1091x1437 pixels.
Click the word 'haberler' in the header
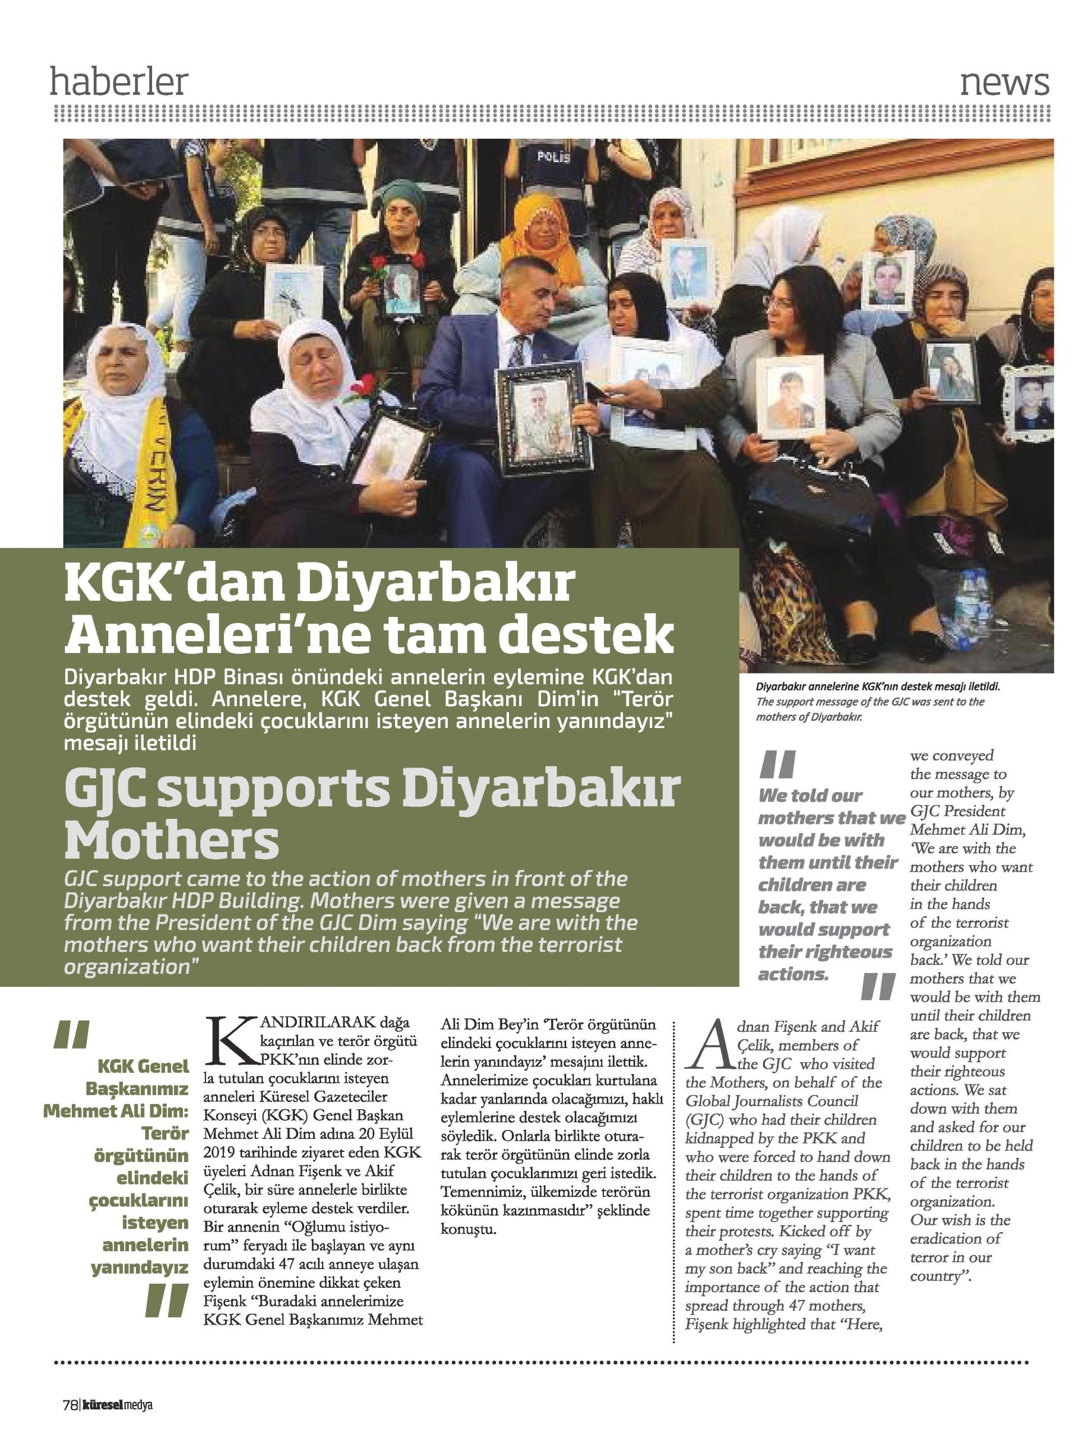point(119,83)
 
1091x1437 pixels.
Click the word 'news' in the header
point(1004,83)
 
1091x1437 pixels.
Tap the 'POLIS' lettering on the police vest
point(554,157)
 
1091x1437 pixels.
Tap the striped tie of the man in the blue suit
point(517,351)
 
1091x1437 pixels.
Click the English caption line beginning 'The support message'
point(870,702)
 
